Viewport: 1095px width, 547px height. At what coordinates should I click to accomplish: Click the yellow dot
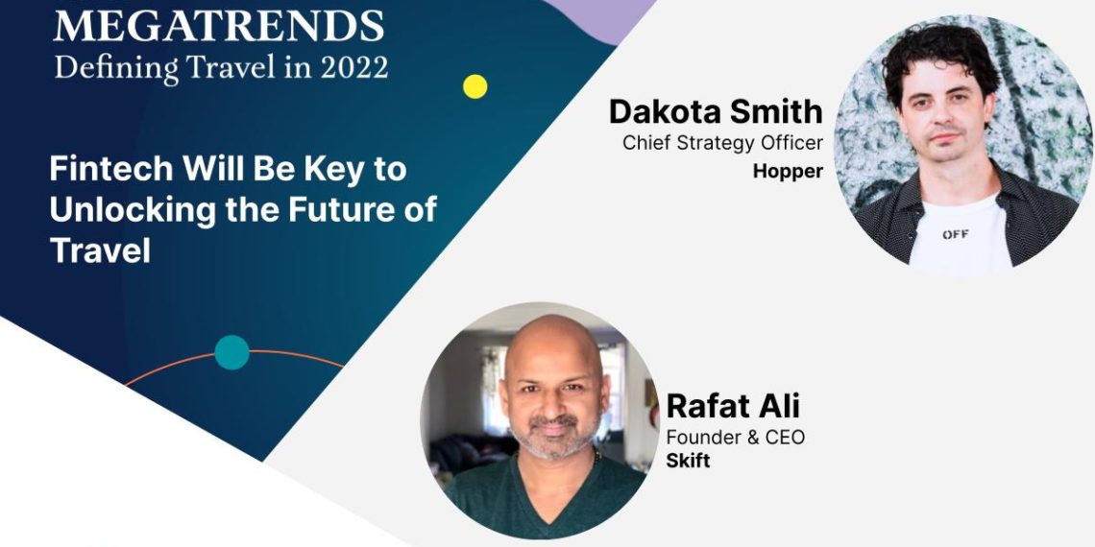click(x=474, y=86)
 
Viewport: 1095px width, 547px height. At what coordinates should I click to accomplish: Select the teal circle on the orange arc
click(x=231, y=352)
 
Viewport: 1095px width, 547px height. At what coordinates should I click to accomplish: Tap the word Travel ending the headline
click(x=100, y=250)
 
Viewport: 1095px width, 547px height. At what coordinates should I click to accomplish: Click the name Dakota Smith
click(x=716, y=112)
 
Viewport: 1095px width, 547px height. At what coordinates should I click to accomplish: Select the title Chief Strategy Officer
click(x=722, y=144)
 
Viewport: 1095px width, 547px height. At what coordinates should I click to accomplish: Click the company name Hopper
click(x=788, y=172)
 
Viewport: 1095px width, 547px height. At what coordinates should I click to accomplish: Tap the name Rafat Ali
click(x=733, y=406)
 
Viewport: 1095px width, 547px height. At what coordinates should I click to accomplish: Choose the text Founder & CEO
click(x=735, y=438)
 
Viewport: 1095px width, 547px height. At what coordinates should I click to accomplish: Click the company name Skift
click(x=688, y=461)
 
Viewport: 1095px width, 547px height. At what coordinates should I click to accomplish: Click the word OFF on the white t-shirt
click(x=955, y=234)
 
